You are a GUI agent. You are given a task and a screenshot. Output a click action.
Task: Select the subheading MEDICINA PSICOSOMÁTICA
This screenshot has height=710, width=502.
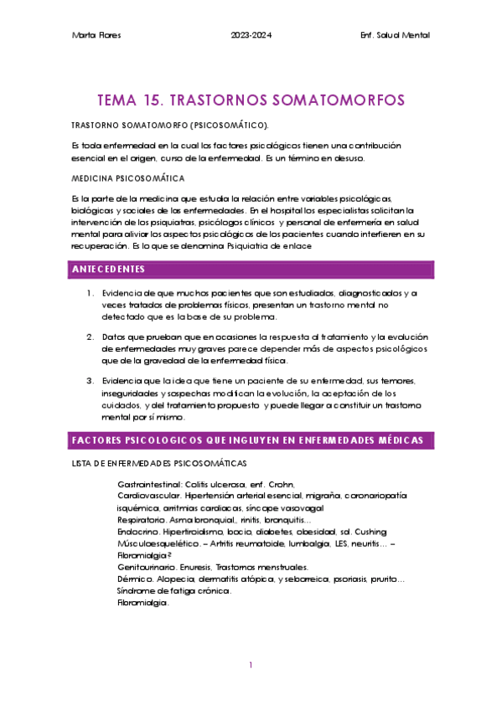[x=129, y=178]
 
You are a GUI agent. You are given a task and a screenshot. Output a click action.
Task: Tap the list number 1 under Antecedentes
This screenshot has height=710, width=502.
[x=90, y=293]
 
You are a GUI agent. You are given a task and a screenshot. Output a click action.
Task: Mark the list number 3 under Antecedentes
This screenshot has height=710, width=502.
[x=90, y=380]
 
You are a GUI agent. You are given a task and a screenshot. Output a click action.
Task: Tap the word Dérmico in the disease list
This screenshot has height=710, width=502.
[x=135, y=579]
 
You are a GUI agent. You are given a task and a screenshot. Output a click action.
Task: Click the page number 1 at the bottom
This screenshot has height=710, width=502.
[x=251, y=666]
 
